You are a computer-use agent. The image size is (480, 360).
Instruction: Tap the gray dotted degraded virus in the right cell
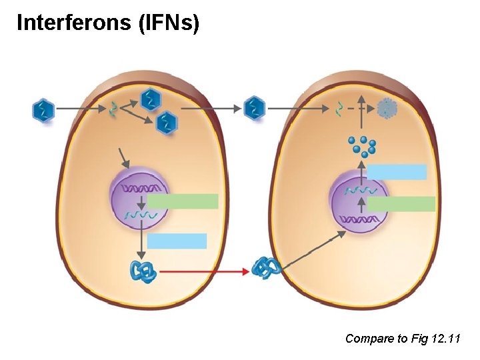[x=387, y=108]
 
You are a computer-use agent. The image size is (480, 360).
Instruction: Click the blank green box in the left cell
[x=183, y=201]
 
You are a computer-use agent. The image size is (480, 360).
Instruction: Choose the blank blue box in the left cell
[x=177, y=241]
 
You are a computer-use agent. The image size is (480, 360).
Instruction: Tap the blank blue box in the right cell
[x=397, y=172]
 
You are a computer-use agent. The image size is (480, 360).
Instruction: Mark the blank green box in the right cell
[x=401, y=204]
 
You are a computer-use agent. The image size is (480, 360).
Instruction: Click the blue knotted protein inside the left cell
[x=143, y=271]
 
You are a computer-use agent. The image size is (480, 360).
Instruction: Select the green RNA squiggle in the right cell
[x=339, y=108]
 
